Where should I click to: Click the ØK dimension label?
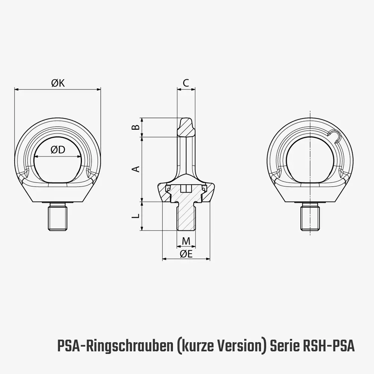click(58, 83)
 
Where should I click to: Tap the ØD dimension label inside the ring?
click(58, 150)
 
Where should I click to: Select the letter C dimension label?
click(186, 83)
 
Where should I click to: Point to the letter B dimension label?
click(137, 127)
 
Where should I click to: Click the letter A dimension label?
click(137, 169)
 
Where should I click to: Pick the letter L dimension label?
click(137, 216)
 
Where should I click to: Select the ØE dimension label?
click(186, 254)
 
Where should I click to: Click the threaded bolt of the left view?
click(57, 218)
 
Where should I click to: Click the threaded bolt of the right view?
click(310, 218)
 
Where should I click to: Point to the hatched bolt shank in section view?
click(186, 217)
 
